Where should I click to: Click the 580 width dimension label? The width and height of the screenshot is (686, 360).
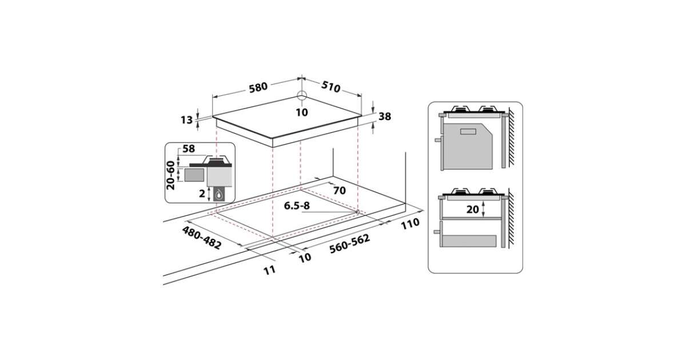(258, 87)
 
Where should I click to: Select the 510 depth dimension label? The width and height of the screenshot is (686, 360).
(331, 87)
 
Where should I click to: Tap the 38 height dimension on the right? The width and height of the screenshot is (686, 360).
(385, 117)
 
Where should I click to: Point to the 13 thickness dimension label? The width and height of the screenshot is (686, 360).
(186, 120)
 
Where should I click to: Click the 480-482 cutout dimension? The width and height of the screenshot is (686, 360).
(201, 238)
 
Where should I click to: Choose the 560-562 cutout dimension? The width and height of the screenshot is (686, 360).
(350, 243)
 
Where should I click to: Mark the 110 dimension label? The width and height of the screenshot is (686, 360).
(410, 223)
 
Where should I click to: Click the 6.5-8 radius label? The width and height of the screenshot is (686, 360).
(297, 206)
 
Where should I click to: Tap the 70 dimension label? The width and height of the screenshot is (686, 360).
(340, 190)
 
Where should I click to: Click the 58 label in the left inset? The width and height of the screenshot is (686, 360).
(188, 149)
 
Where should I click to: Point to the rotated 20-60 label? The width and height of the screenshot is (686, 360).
(170, 175)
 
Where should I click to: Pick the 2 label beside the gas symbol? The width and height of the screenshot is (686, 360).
(202, 194)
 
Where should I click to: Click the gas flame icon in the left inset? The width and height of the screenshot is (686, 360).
(218, 194)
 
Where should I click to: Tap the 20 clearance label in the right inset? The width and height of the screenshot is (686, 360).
(473, 209)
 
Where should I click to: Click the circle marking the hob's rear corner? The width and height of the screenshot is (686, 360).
(302, 95)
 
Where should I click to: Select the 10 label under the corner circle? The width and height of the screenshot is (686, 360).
(302, 113)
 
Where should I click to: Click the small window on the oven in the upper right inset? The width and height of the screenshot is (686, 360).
(468, 131)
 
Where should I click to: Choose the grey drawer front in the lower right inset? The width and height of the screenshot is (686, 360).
(468, 241)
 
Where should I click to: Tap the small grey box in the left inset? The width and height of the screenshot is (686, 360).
(194, 175)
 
